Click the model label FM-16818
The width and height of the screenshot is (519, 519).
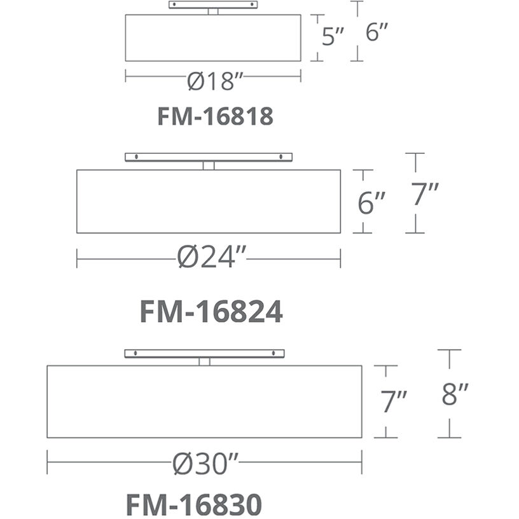pos(216,116)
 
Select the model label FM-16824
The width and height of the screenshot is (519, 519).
pos(212,311)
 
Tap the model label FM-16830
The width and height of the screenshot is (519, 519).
pos(194,504)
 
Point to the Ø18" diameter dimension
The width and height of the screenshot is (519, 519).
pos(215,81)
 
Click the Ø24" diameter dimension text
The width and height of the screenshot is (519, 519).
pos(212,257)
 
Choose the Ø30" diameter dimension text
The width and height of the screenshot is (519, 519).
pos(205,464)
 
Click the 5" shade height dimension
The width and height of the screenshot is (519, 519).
pos(333,36)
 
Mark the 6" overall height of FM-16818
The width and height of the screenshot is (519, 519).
pos(377,32)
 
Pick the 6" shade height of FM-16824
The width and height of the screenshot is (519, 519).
pos(371,202)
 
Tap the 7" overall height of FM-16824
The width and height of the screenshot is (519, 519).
pos(425,194)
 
